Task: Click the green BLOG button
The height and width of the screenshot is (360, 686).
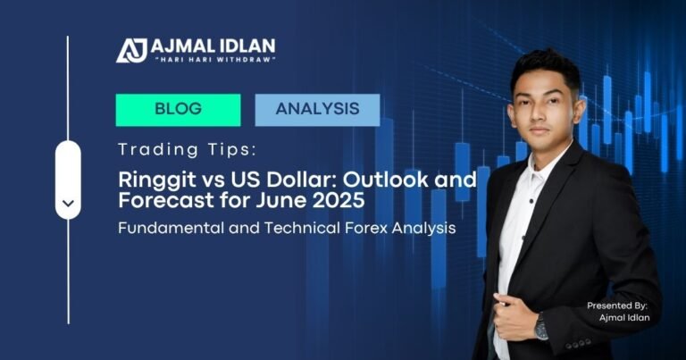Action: coord(178,110)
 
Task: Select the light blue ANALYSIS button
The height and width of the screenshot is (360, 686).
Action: coord(317,110)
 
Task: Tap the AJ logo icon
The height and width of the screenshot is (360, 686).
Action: coord(131,49)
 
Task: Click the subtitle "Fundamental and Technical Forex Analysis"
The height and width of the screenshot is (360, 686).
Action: coord(287,228)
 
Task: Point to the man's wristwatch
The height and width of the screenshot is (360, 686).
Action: coord(541,328)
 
